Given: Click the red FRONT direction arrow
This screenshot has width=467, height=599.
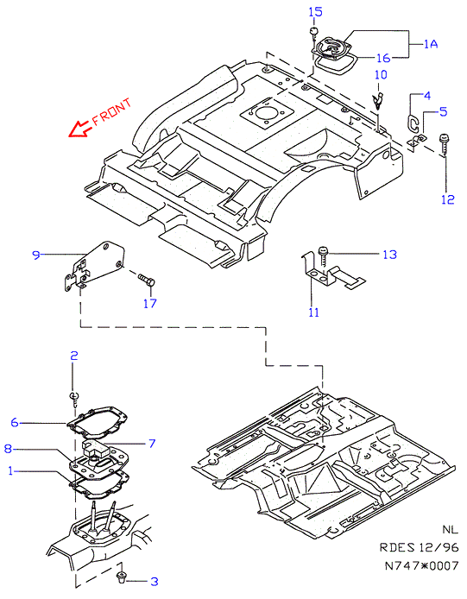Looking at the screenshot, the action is (x=80, y=129).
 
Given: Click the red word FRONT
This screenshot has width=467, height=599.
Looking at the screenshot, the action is (x=112, y=112).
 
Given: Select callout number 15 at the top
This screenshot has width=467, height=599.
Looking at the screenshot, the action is (x=316, y=12).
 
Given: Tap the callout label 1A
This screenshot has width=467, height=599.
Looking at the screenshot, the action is (x=431, y=44).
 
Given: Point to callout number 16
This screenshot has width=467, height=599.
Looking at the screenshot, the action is (x=383, y=58).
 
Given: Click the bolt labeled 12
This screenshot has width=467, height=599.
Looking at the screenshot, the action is (x=445, y=144).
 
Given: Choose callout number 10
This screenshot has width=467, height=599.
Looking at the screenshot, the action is (x=381, y=74).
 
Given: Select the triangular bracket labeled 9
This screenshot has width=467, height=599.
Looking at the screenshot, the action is (x=93, y=266).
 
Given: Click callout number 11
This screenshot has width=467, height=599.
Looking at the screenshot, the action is (x=313, y=312).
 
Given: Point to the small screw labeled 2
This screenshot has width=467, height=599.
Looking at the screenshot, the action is (x=75, y=399).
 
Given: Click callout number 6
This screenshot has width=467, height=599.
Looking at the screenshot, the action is (x=15, y=422).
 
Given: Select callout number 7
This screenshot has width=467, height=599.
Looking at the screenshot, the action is (x=152, y=443).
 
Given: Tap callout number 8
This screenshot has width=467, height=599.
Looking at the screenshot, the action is (x=8, y=448).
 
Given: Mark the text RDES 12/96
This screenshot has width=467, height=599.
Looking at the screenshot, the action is (x=419, y=547).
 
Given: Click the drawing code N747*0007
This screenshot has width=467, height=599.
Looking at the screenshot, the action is (x=421, y=565).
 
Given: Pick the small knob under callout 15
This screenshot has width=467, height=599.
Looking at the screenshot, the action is (x=313, y=32).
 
